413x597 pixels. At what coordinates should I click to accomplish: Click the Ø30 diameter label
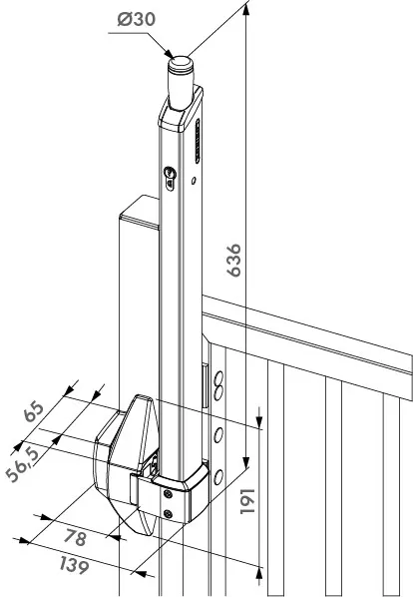[x=136, y=19]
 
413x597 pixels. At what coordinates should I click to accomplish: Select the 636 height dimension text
[x=233, y=260]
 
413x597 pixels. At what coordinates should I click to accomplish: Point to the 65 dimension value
[x=34, y=411]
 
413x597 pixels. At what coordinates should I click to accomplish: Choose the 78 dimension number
[x=75, y=537]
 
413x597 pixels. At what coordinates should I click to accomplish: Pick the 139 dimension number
[x=75, y=566]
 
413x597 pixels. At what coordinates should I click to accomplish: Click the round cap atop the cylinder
[x=181, y=63]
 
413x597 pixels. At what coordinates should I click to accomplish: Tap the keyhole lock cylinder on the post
[x=170, y=178]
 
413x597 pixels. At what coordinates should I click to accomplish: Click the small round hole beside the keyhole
[x=194, y=180]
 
